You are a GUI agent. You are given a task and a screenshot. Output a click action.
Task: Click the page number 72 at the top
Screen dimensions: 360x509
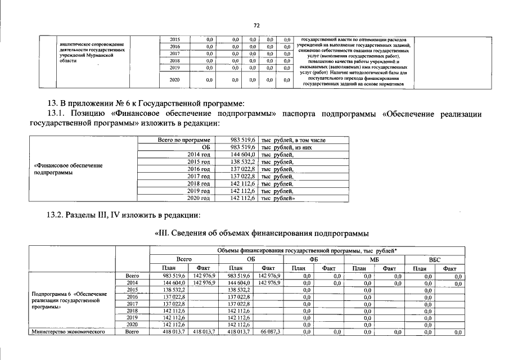pos(256,25)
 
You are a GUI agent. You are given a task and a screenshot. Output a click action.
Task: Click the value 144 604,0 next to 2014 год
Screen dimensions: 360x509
pos(244,154)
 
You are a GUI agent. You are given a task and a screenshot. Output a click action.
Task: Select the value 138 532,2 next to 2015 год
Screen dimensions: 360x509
pos(244,161)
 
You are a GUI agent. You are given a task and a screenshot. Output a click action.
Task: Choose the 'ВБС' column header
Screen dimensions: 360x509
pos(435,259)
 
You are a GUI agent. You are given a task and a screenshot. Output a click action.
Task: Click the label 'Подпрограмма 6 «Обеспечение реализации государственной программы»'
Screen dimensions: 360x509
pos(70,300)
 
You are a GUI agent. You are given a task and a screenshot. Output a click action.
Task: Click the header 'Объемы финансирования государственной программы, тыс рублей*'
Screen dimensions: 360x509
pos(307,250)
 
